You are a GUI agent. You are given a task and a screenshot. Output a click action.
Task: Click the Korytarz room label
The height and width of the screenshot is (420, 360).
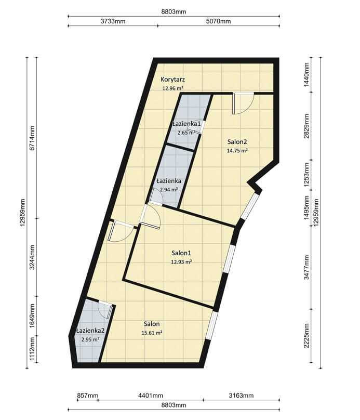click(x=172, y=80)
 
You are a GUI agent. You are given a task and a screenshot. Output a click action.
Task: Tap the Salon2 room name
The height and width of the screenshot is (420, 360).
click(x=237, y=142)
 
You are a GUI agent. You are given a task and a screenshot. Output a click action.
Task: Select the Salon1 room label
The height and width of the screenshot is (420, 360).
click(x=181, y=253)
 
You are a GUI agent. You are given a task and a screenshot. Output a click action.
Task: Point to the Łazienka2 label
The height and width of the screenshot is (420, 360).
click(x=90, y=331)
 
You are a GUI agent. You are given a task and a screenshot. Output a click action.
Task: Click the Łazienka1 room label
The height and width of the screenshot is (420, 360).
click(x=186, y=124)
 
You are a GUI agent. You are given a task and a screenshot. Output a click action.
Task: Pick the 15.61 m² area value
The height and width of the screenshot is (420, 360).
click(x=152, y=333)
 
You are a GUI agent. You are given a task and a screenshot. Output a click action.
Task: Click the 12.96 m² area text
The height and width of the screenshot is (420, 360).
click(x=172, y=88)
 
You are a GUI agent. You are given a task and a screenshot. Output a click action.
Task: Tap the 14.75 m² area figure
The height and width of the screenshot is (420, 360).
click(x=237, y=151)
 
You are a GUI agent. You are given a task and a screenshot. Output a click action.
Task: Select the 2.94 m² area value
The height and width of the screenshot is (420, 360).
click(x=169, y=190)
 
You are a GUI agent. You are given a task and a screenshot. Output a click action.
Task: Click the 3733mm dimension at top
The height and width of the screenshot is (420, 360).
click(x=113, y=21)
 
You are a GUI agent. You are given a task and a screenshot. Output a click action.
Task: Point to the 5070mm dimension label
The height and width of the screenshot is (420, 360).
click(x=218, y=21)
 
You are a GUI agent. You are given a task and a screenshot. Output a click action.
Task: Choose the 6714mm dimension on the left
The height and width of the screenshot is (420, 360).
click(x=32, y=138)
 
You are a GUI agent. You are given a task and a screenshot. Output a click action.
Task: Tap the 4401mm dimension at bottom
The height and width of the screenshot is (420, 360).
click(x=151, y=396)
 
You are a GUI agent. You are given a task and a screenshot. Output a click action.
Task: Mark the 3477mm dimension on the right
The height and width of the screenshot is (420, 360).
click(x=306, y=267)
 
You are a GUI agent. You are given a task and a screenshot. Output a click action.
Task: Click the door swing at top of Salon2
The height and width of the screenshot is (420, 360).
click(x=243, y=103)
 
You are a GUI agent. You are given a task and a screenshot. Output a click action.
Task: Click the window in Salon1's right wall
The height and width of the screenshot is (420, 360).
click(x=230, y=259)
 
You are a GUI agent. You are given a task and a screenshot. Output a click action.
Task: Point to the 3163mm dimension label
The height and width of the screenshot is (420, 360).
click(x=241, y=396)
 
